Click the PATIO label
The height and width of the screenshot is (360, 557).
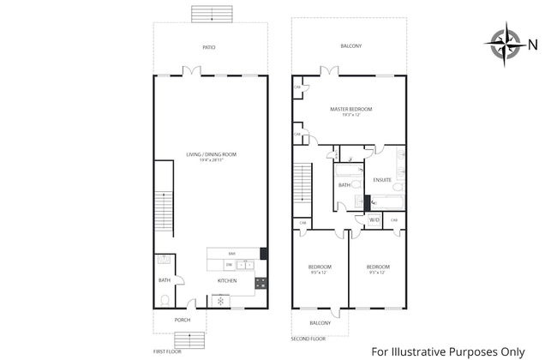click(209, 47)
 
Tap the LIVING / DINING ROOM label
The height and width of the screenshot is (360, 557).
click(212, 156)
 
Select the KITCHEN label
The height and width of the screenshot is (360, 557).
click(227, 280)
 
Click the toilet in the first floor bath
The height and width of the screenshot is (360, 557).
click(165, 299)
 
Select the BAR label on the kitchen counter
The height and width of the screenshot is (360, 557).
click(231, 253)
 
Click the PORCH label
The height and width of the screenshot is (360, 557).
click(182, 320)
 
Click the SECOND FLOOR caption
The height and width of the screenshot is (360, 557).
click(308, 338)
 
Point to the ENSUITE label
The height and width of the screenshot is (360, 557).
click(382, 180)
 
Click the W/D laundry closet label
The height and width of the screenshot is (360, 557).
click(374, 220)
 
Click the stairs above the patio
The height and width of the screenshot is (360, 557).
click(209, 14)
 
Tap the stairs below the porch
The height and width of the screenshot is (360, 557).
click(182, 339)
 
